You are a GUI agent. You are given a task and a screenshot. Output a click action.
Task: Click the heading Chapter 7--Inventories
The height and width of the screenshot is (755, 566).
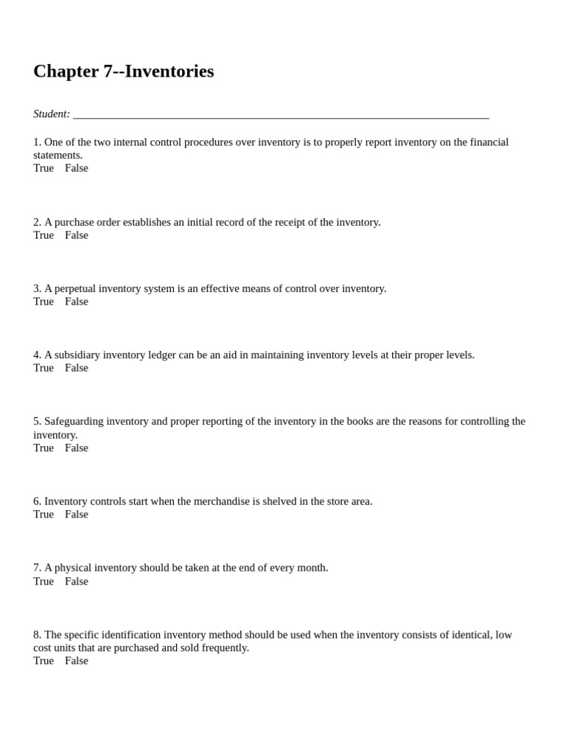point(123,72)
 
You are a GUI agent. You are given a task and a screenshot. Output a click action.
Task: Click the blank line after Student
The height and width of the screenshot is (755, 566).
point(280,115)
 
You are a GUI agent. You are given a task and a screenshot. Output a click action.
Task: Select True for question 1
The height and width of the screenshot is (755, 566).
point(43,168)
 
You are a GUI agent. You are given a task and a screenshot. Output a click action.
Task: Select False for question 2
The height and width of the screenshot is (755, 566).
point(77,235)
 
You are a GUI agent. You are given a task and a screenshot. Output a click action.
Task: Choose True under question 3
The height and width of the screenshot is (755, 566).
point(43,302)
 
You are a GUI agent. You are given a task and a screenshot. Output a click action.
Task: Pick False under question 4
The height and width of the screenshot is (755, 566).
point(77,368)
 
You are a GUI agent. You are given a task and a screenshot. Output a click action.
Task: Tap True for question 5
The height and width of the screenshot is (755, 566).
point(43,448)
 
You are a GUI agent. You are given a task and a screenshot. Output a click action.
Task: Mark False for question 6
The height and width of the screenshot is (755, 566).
point(77,514)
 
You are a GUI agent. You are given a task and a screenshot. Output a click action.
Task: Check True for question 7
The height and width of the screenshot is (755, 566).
point(43,581)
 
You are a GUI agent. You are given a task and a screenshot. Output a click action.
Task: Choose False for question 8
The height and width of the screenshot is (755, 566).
point(77,661)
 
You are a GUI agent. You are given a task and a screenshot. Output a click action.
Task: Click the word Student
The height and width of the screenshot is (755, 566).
point(51,114)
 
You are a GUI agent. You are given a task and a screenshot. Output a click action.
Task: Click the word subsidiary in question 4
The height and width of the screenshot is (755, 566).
point(78,355)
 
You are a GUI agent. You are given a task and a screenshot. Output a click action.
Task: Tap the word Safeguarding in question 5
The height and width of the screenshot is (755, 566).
point(74,421)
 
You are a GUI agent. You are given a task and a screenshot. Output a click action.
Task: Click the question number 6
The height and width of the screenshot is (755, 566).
point(37,501)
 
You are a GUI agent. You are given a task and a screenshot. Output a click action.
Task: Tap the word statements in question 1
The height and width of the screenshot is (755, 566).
point(57,155)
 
